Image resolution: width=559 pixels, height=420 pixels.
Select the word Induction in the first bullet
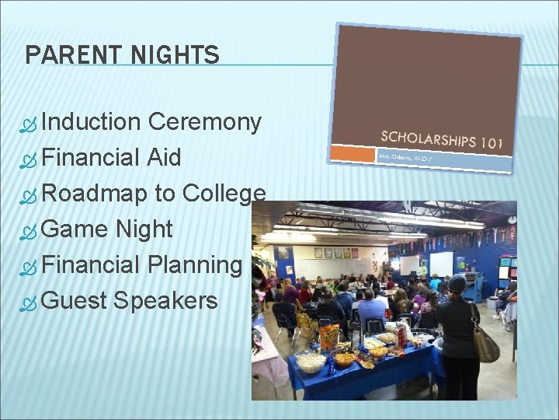(x=91, y=122)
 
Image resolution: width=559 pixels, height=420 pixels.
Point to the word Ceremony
(x=205, y=122)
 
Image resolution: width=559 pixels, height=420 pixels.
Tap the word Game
(x=75, y=229)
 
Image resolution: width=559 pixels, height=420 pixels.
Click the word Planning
(x=195, y=265)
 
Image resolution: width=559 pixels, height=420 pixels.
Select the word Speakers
(x=165, y=300)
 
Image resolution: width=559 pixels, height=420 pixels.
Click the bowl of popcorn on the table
(x=311, y=361)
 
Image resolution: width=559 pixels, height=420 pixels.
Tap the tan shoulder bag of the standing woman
(x=485, y=343)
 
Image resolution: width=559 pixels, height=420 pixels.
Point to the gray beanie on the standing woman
(x=457, y=283)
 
